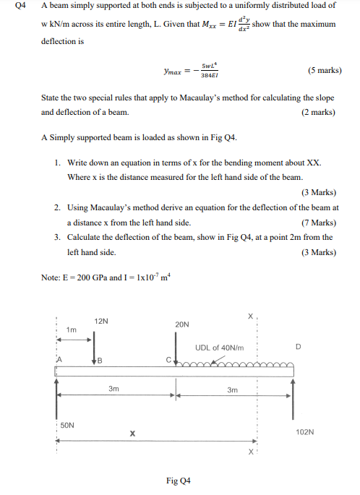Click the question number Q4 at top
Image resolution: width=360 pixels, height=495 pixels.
[22, 6]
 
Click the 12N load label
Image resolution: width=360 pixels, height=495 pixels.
[101, 321]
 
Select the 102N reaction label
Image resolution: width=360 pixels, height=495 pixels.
[305, 431]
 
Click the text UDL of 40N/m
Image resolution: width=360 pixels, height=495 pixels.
[219, 348]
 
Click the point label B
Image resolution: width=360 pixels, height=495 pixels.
[100, 360]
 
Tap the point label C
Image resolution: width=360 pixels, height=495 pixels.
[168, 359]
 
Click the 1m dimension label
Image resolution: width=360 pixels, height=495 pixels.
[71, 330]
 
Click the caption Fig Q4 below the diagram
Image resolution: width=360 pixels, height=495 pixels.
[178, 481]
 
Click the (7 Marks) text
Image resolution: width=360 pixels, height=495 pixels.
[318, 223]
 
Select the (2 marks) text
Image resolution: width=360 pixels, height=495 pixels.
[319, 112]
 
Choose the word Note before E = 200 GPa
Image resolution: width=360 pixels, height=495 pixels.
[51, 276]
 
